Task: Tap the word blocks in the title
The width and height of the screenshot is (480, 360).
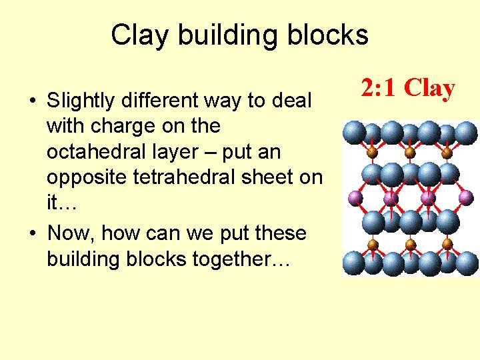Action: [x=328, y=35]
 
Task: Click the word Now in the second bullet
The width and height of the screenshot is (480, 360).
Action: [x=67, y=233]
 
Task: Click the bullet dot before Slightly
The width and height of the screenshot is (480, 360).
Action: [x=31, y=102]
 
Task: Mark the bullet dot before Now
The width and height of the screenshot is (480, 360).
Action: [x=31, y=234]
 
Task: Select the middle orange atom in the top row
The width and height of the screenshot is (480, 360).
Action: [x=410, y=153]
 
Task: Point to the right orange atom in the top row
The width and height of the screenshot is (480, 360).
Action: [x=447, y=153]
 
